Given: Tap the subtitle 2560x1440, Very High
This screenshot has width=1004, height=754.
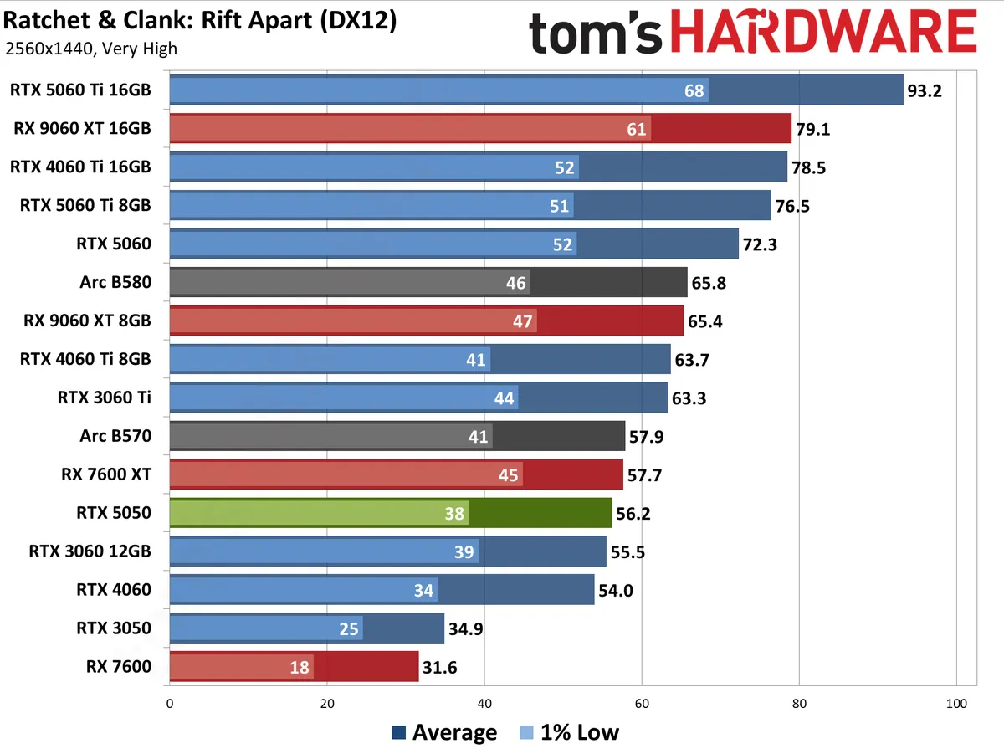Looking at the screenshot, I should (90, 48).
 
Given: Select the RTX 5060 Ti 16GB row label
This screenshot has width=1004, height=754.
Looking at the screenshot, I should (80, 90).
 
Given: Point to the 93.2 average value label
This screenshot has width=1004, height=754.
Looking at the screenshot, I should (925, 90).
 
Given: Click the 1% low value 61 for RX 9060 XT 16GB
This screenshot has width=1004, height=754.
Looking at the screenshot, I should (636, 129).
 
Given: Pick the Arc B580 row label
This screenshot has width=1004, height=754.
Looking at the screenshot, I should (115, 282).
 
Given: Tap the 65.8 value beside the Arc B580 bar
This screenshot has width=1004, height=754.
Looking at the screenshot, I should (709, 283).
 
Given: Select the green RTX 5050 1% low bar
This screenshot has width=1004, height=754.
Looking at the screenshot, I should (318, 513).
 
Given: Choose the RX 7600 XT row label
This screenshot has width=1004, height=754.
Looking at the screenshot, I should (106, 474).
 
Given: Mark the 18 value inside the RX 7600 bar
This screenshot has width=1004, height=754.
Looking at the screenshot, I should (300, 668).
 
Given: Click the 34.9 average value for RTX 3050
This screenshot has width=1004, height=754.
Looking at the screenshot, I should (465, 629).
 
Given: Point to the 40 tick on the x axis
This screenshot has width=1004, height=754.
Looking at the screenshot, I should (484, 704).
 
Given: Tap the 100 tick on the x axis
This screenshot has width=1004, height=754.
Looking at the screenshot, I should (956, 704).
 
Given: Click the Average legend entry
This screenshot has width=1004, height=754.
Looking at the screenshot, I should (444, 733).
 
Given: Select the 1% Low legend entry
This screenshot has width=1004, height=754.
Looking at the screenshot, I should (570, 733).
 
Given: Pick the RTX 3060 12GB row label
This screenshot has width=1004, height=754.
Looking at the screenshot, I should (90, 551).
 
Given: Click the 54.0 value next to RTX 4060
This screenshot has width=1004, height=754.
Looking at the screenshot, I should (615, 591).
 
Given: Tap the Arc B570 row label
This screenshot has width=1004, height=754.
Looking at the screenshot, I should (115, 436).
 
